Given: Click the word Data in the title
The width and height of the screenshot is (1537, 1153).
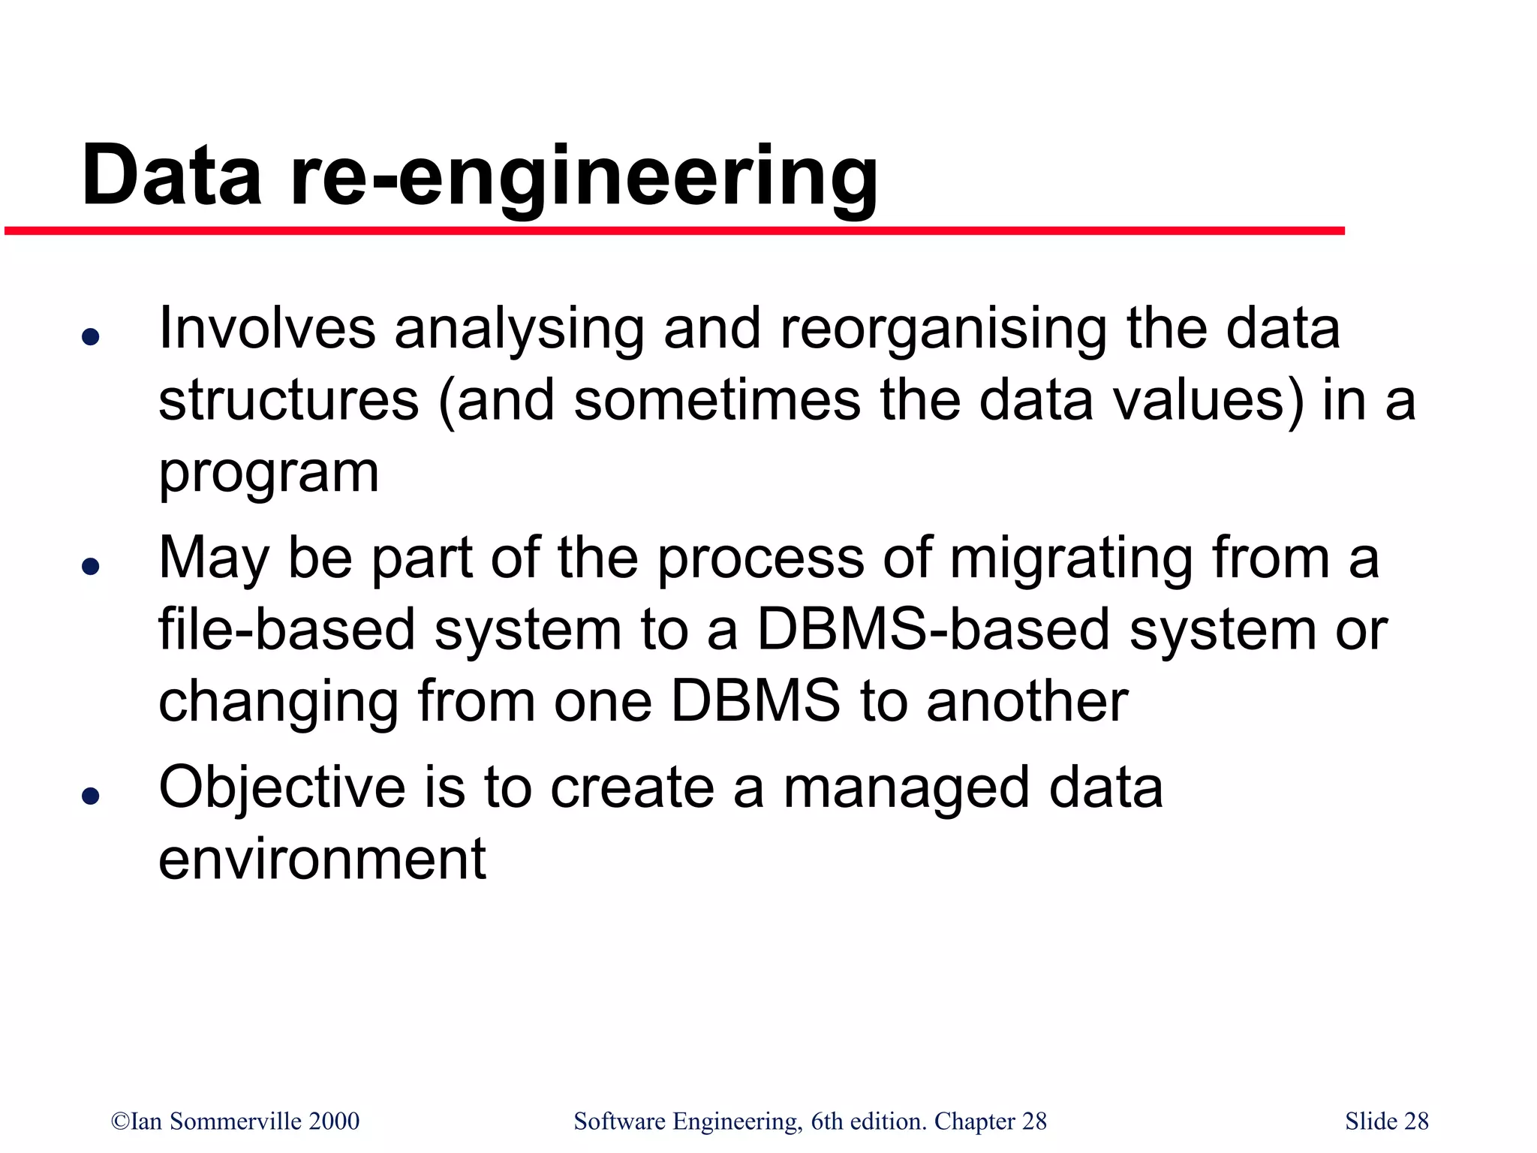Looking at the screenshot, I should [x=172, y=176].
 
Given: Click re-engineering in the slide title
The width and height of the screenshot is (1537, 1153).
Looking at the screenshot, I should [x=583, y=177].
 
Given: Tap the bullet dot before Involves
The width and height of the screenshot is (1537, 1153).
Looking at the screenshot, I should [x=91, y=336].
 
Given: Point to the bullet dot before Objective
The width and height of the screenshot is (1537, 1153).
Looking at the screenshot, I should [x=91, y=795].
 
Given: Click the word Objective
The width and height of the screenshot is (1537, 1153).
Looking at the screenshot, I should [x=282, y=788].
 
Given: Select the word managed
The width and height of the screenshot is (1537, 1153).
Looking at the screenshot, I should [x=906, y=788].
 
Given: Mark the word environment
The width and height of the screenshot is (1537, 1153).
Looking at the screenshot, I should [x=322, y=859].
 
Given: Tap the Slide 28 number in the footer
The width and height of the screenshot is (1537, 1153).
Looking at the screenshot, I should [x=1386, y=1121].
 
